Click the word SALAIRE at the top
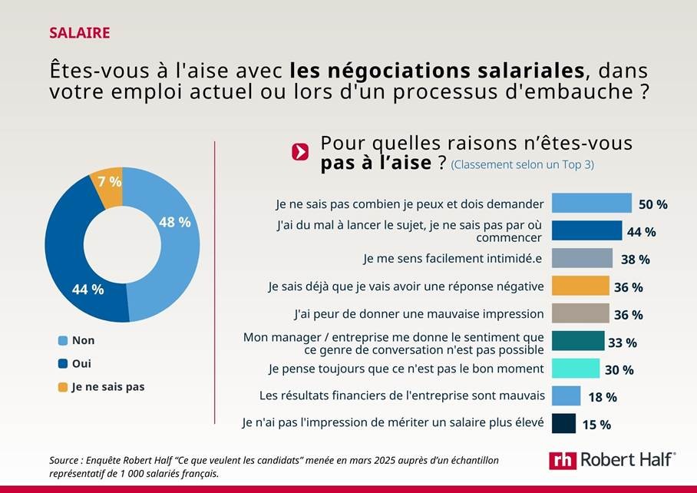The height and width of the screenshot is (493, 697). point(79,33)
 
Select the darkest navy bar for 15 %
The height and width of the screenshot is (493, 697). point(563,423)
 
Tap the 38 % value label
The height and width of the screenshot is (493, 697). point(635,260)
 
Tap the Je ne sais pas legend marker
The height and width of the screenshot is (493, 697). point(62,387)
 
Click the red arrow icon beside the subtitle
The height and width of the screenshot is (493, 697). point(300,152)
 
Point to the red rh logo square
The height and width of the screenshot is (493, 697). point(562,460)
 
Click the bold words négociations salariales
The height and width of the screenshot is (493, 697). point(437,71)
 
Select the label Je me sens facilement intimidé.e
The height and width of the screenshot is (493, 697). point(453,259)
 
